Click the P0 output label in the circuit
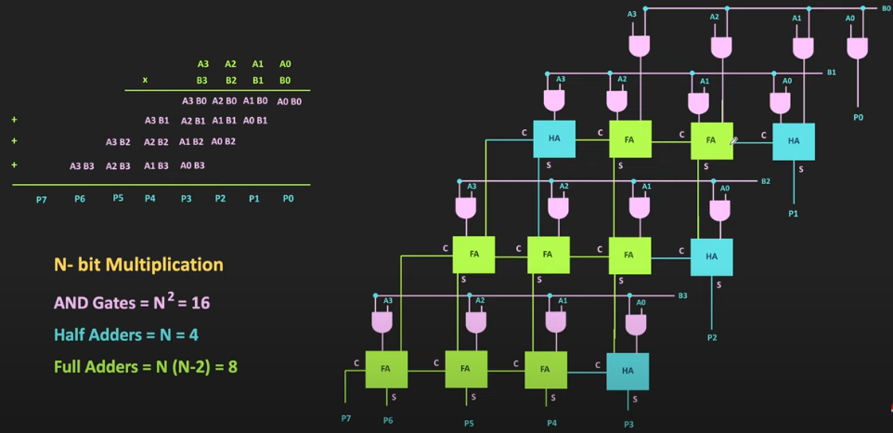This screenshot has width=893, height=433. click(858, 118)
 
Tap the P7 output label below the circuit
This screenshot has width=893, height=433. click(346, 419)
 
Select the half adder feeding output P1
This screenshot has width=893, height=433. click(793, 141)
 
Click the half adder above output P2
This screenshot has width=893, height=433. click(711, 256)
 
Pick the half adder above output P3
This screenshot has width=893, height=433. click(628, 371)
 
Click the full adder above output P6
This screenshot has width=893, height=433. click(386, 369)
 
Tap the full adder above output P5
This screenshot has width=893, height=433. click(466, 369)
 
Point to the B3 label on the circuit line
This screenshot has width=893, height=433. click(682, 295)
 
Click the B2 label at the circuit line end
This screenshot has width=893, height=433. click(766, 181)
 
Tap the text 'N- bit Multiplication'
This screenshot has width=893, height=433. click(138, 265)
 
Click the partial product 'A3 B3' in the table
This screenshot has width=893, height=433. click(83, 166)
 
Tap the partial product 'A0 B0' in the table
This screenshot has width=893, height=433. click(290, 101)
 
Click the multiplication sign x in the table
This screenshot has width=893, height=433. click(145, 81)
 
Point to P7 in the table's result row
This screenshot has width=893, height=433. click(42, 200)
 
